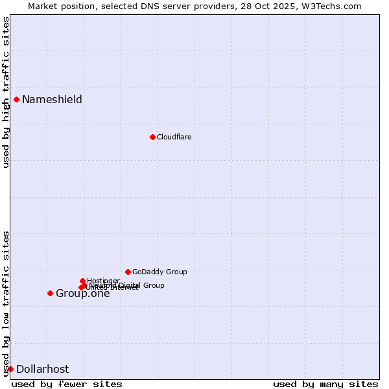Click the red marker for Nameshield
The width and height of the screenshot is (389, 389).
click(16, 99)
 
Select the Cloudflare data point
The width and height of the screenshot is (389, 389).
click(152, 137)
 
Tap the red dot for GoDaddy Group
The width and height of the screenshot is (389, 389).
click(128, 272)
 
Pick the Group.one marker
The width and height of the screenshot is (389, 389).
click(50, 293)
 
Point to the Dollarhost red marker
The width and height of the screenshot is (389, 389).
click(10, 369)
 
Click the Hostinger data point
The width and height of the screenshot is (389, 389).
click(82, 281)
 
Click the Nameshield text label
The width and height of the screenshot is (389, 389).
click(52, 99)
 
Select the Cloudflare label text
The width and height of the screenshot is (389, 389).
click(174, 137)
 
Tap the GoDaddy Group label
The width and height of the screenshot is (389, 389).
click(159, 272)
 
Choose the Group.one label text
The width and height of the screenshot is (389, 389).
click(82, 294)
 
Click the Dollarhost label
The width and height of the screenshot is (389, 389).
click(42, 369)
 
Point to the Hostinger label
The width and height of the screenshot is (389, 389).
click(103, 281)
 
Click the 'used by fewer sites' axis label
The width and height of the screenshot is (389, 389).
click(67, 384)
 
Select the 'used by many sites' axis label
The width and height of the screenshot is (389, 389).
click(325, 384)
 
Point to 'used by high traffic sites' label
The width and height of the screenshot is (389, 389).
click(6, 92)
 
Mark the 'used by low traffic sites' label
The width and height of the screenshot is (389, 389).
click(6, 303)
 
